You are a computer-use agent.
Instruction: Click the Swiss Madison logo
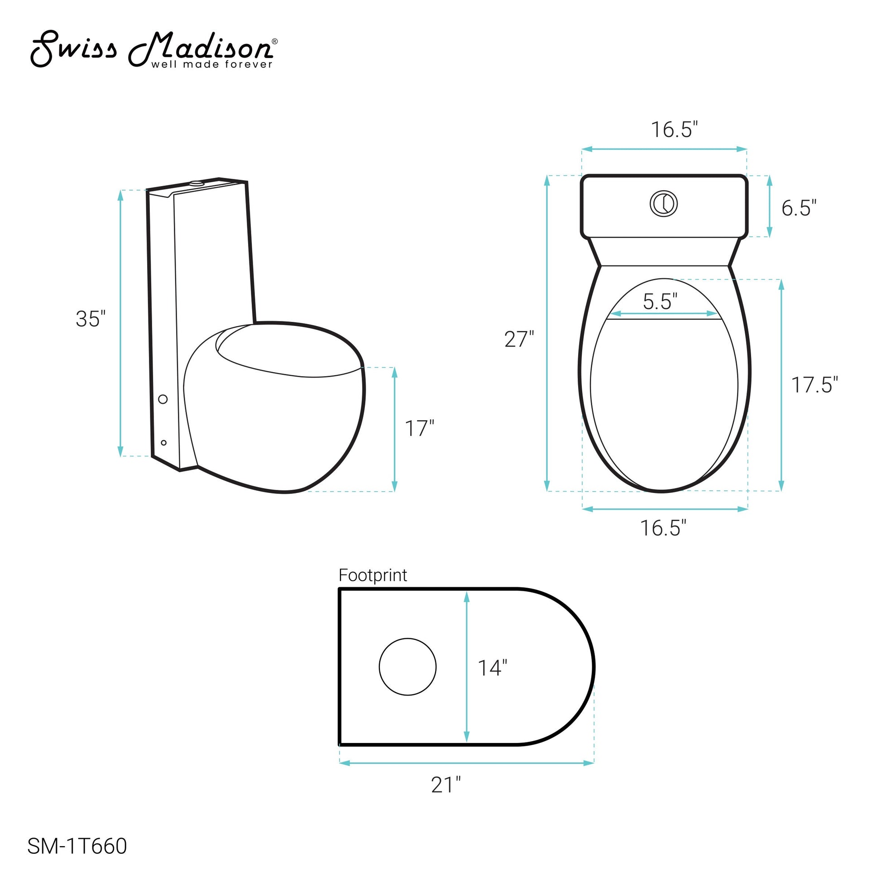pos(154,49)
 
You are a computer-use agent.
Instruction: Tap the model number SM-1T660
pos(77,846)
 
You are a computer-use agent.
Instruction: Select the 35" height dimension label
pos(91,319)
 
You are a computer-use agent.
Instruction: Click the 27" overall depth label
pos(519,339)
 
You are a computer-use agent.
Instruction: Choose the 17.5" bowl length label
pos(814,385)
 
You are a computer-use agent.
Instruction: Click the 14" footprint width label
pos(492,668)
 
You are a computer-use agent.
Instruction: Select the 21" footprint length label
pos(446,785)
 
